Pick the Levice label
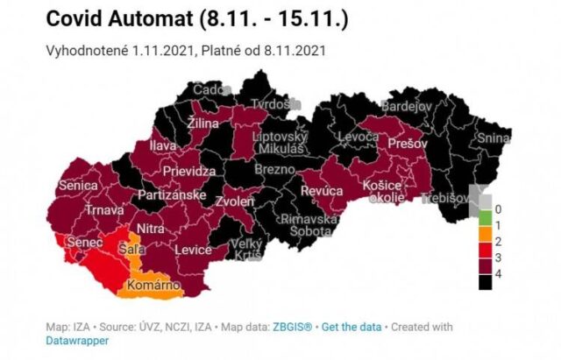tap(193, 251)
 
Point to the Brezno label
tap(281, 169)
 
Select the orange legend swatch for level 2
tap(479, 241)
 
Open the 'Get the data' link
tap(352, 327)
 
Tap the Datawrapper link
tap(77, 341)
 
